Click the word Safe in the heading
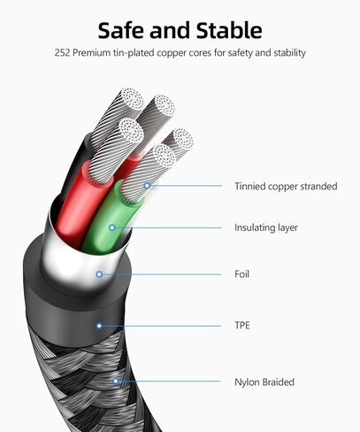click(x=120, y=30)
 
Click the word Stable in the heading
click(x=229, y=30)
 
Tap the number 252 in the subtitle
click(x=62, y=53)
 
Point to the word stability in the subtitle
click(x=289, y=53)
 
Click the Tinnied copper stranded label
click(x=286, y=186)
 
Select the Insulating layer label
click(x=266, y=228)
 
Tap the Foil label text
click(x=241, y=274)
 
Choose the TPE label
click(x=242, y=326)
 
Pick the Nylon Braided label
click(x=264, y=382)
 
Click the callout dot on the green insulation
click(x=112, y=228)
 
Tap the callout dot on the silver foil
click(x=99, y=274)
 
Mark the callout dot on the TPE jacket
click(x=99, y=326)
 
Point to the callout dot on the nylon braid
click(x=116, y=381)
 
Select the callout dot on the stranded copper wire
click(x=147, y=186)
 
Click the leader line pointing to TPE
click(x=160, y=326)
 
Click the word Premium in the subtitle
click(x=91, y=53)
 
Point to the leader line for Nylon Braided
click(x=168, y=382)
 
